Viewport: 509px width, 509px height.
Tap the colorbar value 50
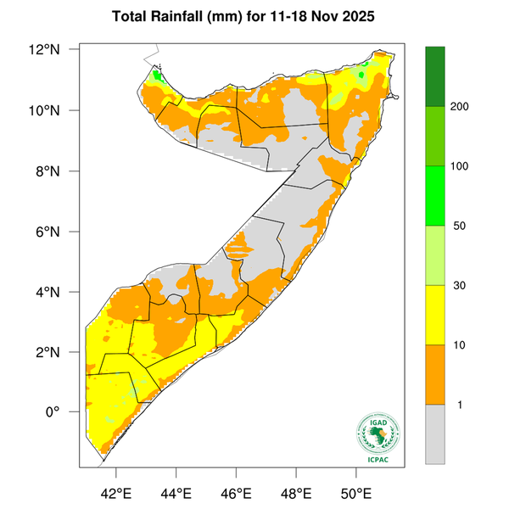click(x=458, y=227)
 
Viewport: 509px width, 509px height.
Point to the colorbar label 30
click(x=458, y=286)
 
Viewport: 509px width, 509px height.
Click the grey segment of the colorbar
click(x=435, y=433)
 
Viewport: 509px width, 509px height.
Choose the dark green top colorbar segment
click(x=435, y=76)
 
